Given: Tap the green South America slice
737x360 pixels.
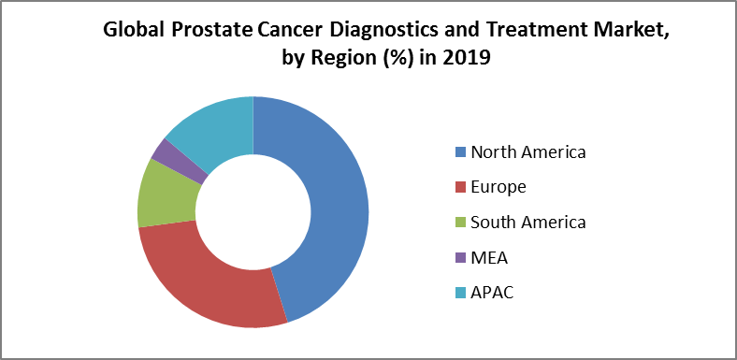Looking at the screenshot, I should [165, 193].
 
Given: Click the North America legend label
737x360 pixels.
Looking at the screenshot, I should [528, 151].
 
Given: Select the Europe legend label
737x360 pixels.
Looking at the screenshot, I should [499, 187].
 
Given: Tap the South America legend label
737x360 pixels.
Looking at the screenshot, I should [528, 222].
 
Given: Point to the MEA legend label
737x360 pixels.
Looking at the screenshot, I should [490, 257].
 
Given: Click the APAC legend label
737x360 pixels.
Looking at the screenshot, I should [493, 293].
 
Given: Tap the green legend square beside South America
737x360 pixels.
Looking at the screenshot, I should [459, 223].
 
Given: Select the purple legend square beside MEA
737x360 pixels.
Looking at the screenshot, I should [459, 258].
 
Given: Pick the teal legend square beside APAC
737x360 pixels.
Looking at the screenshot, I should [459, 294].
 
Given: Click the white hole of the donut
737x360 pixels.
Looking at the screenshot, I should [253, 212].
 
